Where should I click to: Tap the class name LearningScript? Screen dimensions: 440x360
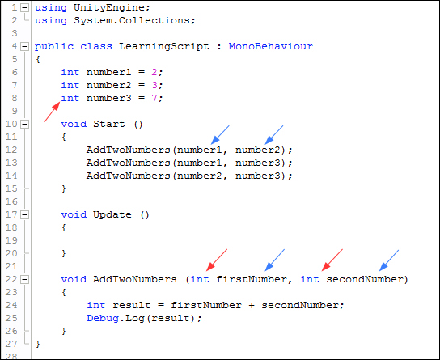[x=164, y=47]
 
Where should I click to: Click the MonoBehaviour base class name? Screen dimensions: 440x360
[x=270, y=46]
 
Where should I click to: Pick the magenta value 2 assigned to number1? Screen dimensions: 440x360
[x=154, y=72]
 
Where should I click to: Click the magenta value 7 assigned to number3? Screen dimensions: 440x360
[x=154, y=98]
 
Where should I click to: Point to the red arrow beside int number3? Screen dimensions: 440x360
[x=53, y=112]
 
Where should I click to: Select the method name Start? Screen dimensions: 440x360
[x=109, y=124]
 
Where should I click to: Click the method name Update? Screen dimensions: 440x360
[x=112, y=214]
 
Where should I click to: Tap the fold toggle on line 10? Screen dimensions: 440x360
[x=25, y=124]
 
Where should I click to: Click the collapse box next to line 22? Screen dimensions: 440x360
[x=25, y=279]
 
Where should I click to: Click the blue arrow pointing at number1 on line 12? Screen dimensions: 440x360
[x=220, y=135]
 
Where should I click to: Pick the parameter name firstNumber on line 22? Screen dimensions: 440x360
[x=252, y=279]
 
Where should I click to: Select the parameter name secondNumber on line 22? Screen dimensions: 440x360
[x=365, y=279]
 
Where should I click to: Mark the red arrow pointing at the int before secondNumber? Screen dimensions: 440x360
[x=332, y=260]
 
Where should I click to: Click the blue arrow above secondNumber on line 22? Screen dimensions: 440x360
[x=389, y=260]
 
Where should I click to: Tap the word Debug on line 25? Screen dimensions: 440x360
[x=103, y=318]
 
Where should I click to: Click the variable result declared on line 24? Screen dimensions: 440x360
[x=132, y=305]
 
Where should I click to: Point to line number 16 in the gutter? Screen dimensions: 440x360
[x=11, y=201]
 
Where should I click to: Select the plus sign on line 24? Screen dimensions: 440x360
[x=252, y=305]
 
